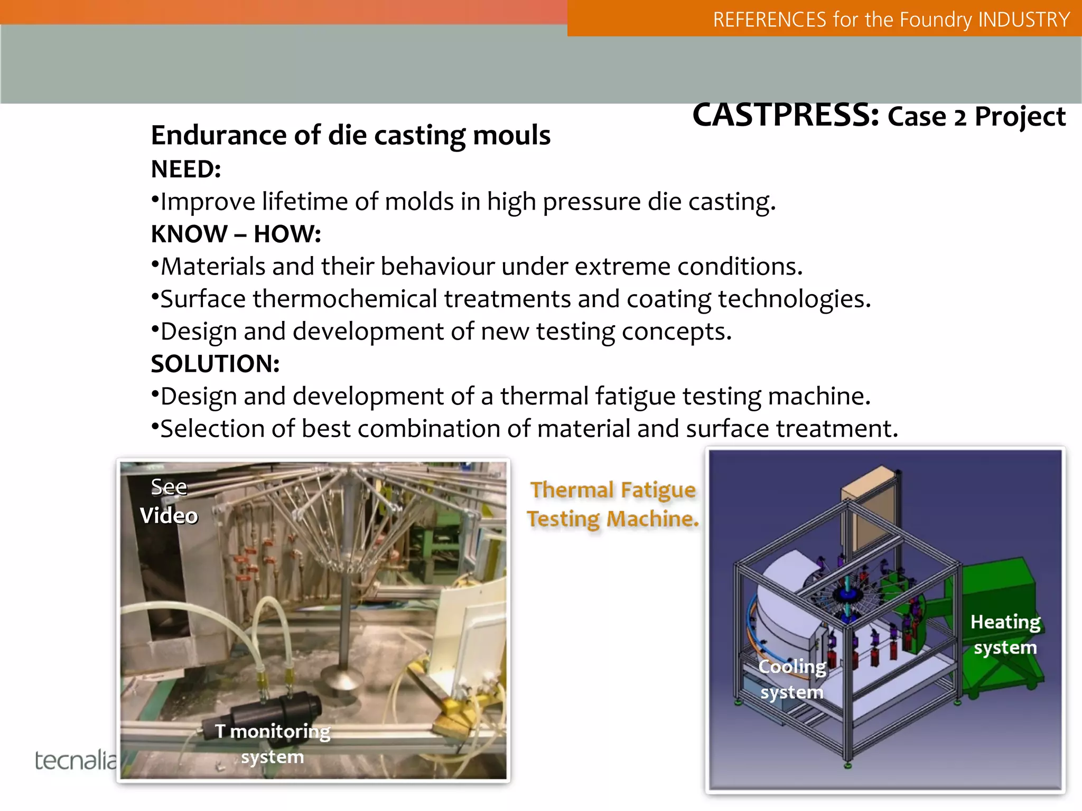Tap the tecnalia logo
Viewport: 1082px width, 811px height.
click(76, 760)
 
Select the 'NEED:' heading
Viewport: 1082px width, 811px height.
click(186, 169)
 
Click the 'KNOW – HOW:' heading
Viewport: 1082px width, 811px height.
click(236, 234)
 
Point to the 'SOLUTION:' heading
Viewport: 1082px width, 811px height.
click(215, 364)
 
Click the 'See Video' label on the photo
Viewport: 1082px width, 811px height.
click(169, 501)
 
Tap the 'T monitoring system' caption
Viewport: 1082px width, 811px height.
click(273, 743)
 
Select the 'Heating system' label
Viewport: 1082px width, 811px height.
click(1005, 634)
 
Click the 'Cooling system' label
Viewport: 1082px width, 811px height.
click(792, 679)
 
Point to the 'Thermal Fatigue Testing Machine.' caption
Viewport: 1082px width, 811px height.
click(613, 504)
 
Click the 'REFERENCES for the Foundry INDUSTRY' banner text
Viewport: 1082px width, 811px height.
click(891, 20)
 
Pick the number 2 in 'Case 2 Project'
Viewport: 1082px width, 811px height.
click(960, 117)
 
